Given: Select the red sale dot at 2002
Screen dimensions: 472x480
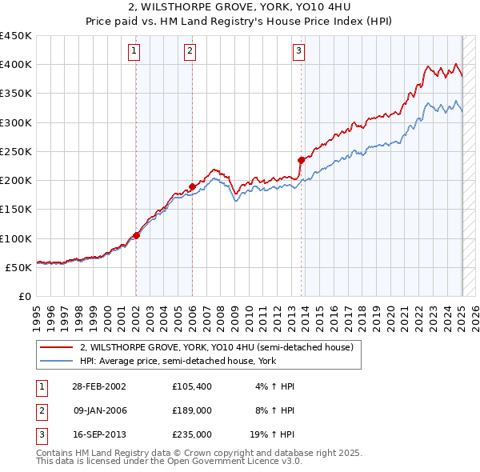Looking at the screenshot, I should click(136, 235).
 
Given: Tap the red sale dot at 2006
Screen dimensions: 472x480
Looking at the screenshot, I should click(193, 187).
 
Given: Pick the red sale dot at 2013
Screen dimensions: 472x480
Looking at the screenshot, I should click(302, 160).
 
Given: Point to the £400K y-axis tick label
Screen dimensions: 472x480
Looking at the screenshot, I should click(15, 65).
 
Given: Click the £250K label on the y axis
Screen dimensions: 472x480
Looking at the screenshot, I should click(15, 151).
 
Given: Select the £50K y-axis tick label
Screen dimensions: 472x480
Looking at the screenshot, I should click(18, 267).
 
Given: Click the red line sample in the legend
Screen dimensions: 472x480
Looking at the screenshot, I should click(56, 347).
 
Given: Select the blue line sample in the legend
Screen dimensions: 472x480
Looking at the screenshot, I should click(56, 361).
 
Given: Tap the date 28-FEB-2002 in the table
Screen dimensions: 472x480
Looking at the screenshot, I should click(98, 386).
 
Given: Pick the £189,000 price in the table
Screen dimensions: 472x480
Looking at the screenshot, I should click(192, 410).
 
